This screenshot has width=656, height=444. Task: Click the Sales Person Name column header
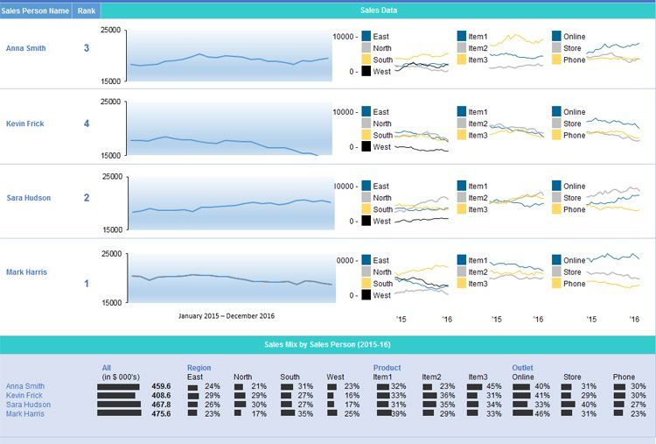click(36, 11)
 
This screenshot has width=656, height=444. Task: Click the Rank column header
click(87, 11)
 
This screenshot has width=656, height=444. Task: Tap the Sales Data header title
click(378, 11)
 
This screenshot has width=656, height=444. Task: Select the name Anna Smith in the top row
click(25, 48)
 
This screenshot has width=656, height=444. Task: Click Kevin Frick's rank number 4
click(86, 123)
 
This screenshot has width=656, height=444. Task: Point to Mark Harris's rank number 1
click(86, 284)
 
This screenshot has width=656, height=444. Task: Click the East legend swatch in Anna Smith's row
click(365, 37)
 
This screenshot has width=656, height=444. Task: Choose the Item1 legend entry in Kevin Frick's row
click(478, 112)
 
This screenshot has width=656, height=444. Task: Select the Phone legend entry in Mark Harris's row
click(574, 284)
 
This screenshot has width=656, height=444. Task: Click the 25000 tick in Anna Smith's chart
click(111, 30)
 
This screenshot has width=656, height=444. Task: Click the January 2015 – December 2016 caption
click(227, 315)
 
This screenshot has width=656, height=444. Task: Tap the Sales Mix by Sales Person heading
click(326, 345)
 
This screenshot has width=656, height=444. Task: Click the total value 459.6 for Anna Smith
click(161, 386)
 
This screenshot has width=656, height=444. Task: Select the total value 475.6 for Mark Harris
click(161, 414)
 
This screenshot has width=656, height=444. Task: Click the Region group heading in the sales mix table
click(199, 368)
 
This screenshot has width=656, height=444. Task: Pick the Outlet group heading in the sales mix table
click(522, 368)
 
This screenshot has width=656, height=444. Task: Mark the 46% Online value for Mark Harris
click(541, 414)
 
